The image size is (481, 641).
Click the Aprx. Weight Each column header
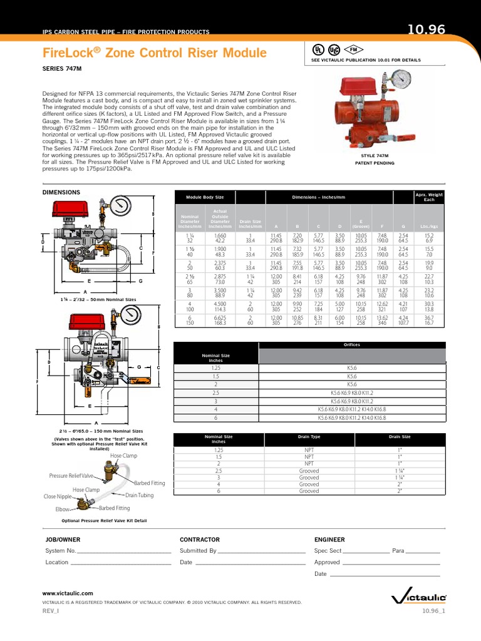click(x=429, y=197)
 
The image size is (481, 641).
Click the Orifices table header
click(x=351, y=344)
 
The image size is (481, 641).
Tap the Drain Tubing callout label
click(x=139, y=495)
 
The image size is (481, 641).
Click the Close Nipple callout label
click(x=58, y=496)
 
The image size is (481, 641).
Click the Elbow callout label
click(x=63, y=510)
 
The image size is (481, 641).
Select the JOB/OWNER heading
click(x=63, y=539)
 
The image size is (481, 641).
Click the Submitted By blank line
click(x=261, y=551)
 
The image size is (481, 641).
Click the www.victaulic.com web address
click(x=68, y=592)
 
